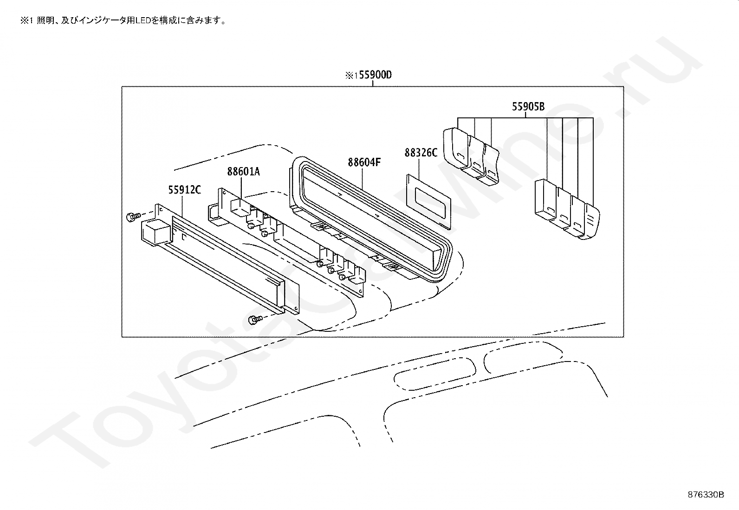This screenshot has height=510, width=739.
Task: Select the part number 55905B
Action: tap(528, 107)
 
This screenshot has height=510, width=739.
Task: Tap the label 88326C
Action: tap(421, 152)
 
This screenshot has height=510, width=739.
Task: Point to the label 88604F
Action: tap(364, 162)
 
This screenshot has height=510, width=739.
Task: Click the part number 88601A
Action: tap(243, 172)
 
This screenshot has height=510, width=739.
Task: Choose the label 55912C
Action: tap(184, 189)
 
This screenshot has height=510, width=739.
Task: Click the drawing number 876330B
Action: tap(706, 495)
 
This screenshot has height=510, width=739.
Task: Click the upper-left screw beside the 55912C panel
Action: tap(133, 216)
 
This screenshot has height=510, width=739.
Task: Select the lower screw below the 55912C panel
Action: tap(255, 319)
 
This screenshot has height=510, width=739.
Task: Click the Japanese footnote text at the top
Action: tap(123, 21)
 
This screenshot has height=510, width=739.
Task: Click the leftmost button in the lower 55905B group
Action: tap(544, 200)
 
